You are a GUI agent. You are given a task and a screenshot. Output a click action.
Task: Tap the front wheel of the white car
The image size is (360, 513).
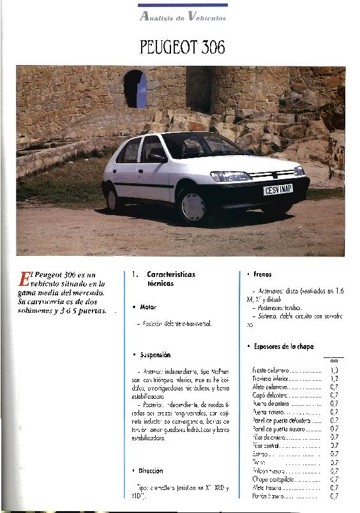pyautogui.click(x=192, y=205)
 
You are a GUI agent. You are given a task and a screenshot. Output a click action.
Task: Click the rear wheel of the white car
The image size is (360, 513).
pyautogui.click(x=114, y=199)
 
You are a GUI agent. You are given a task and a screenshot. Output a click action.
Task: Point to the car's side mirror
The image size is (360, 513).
pyautogui.click(x=155, y=158)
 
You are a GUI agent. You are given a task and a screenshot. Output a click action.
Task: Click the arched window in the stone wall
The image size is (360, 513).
pyautogui.click(x=134, y=89)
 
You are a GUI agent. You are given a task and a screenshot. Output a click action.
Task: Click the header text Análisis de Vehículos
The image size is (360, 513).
pyautogui.click(x=183, y=17)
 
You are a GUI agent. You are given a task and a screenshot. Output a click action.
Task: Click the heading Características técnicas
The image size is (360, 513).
pyautogui.click(x=170, y=278)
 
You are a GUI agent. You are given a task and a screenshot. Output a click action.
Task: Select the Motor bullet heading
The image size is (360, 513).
pyautogui.click(x=148, y=307)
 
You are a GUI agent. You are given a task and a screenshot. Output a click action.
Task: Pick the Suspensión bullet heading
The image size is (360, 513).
pyautogui.click(x=155, y=354)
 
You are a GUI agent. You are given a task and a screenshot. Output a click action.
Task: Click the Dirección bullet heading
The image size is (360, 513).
pyautogui.click(x=151, y=471)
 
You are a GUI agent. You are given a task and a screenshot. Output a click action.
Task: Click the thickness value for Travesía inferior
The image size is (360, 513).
pyautogui.click(x=334, y=378)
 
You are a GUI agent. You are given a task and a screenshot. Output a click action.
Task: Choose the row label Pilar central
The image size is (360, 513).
pyautogui.click(x=267, y=445)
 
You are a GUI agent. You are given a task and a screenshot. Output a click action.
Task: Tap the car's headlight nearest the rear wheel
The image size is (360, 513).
pyautogui.click(x=230, y=176)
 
